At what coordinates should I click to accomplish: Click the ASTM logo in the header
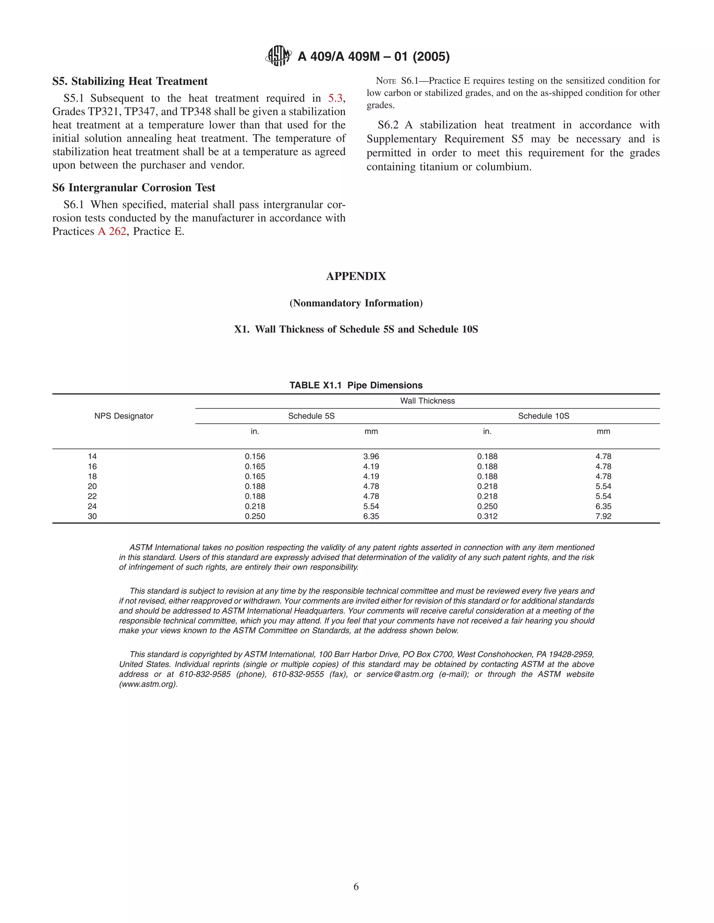tap(278, 56)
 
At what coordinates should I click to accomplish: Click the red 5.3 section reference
tap(335, 99)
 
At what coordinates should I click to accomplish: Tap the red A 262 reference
tap(112, 232)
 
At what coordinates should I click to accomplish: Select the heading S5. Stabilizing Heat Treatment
tap(130, 81)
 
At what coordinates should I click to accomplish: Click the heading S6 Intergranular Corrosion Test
tap(134, 188)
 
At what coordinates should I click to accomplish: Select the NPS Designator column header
tap(123, 416)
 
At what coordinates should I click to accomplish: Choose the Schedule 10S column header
tap(544, 416)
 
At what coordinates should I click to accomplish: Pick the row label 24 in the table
tap(92, 506)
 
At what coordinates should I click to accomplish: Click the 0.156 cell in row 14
tap(255, 456)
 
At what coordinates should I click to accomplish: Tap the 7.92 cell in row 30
tap(603, 517)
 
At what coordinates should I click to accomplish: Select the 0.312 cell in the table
tap(487, 517)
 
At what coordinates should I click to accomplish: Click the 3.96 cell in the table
tap(371, 456)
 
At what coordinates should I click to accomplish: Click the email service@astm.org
tap(400, 674)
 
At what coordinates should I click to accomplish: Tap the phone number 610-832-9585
tap(205, 674)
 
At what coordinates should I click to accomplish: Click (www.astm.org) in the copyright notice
tap(148, 684)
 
